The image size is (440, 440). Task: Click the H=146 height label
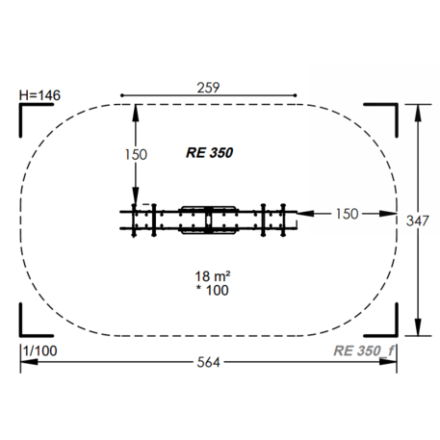click(39, 95)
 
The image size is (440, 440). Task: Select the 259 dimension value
click(208, 88)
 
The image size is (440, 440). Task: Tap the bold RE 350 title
click(210, 153)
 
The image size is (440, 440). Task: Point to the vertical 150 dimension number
click(136, 155)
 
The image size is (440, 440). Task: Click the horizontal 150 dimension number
click(347, 214)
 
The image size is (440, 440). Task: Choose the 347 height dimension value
click(418, 220)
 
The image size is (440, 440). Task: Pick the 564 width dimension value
click(208, 362)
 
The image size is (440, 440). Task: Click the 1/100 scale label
click(40, 350)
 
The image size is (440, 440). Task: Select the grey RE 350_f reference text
click(364, 350)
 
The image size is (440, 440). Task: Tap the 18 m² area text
click(213, 276)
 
